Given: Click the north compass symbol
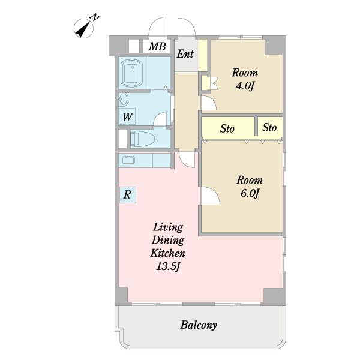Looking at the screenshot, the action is pyautogui.click(x=84, y=29).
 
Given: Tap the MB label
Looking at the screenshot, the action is pyautogui.click(x=157, y=47).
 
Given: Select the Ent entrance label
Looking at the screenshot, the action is pyautogui.click(x=185, y=54).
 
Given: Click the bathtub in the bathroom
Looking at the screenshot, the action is pyautogui.click(x=132, y=73).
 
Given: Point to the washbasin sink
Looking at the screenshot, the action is pyautogui.click(x=123, y=100).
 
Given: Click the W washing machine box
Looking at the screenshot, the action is pyautogui.click(x=127, y=116).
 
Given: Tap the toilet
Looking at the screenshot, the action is pyautogui.click(x=142, y=139).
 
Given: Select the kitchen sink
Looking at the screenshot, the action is pyautogui.click(x=128, y=160).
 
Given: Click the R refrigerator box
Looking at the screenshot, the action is pyautogui.click(x=127, y=195).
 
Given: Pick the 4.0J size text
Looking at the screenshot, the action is pyautogui.click(x=245, y=86).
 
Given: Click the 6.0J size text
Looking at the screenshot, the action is pyautogui.click(x=250, y=193).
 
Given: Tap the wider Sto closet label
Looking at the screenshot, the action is pyautogui.click(x=227, y=128).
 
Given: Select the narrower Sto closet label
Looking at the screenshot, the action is pyautogui.click(x=269, y=127).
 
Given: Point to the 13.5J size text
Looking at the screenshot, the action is pyautogui.click(x=168, y=266).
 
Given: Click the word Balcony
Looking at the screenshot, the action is pyautogui.click(x=199, y=325).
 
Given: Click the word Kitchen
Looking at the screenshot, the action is pyautogui.click(x=167, y=253).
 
